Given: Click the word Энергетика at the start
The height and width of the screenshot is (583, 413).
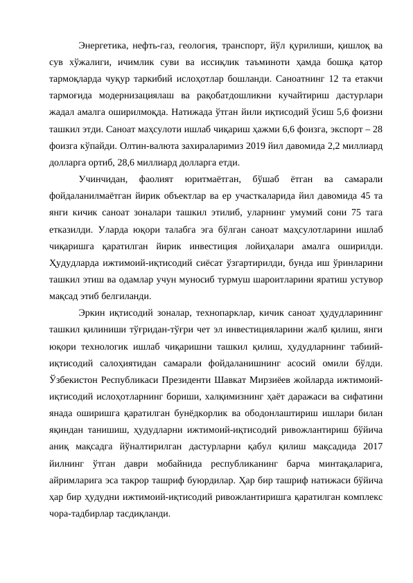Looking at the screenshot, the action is (101, 46).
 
